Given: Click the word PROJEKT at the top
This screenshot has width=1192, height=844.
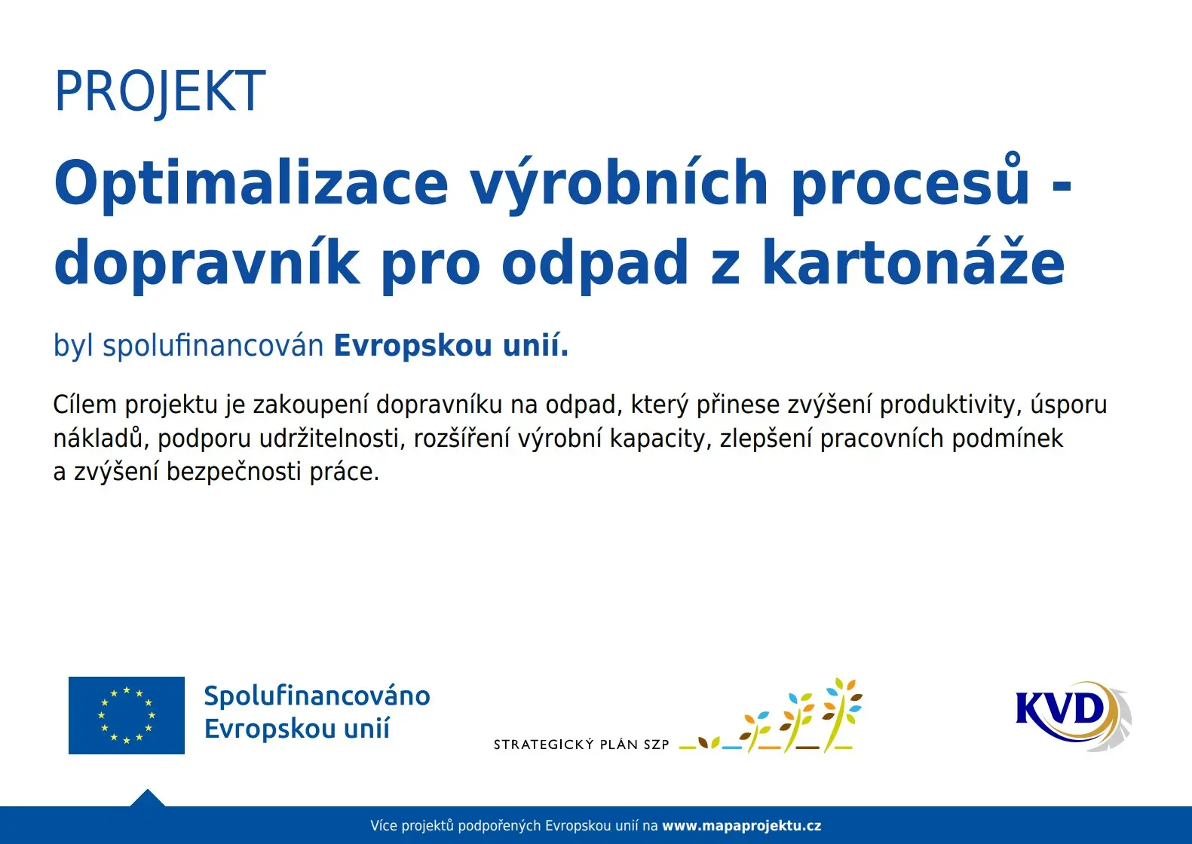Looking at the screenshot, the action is (x=160, y=91).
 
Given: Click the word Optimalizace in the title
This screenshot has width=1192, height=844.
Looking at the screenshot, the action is (x=251, y=184).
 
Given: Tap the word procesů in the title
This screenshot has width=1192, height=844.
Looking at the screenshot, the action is (x=910, y=184).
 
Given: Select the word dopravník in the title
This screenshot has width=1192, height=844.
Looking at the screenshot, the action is (x=207, y=263).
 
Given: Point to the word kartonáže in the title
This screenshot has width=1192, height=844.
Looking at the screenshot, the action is (x=913, y=261).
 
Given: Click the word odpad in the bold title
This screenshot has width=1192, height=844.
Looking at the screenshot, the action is (x=595, y=263).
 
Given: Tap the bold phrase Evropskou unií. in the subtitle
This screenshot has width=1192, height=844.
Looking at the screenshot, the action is (x=452, y=346).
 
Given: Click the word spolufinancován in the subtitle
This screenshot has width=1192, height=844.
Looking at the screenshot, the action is (x=213, y=346).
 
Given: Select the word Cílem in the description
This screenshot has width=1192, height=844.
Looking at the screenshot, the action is (x=84, y=405).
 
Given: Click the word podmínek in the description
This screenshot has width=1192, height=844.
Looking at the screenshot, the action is (x=1007, y=439).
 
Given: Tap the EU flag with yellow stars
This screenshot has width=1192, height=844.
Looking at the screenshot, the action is (x=127, y=715).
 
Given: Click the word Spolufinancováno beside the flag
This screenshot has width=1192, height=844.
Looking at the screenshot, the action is (x=317, y=696).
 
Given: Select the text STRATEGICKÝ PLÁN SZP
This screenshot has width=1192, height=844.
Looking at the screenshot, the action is (x=581, y=745).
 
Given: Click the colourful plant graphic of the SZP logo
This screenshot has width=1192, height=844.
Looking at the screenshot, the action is (x=771, y=716).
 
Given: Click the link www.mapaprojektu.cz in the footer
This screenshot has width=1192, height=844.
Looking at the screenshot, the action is (x=741, y=825).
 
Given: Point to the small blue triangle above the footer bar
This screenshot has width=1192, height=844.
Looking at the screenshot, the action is (x=148, y=799).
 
